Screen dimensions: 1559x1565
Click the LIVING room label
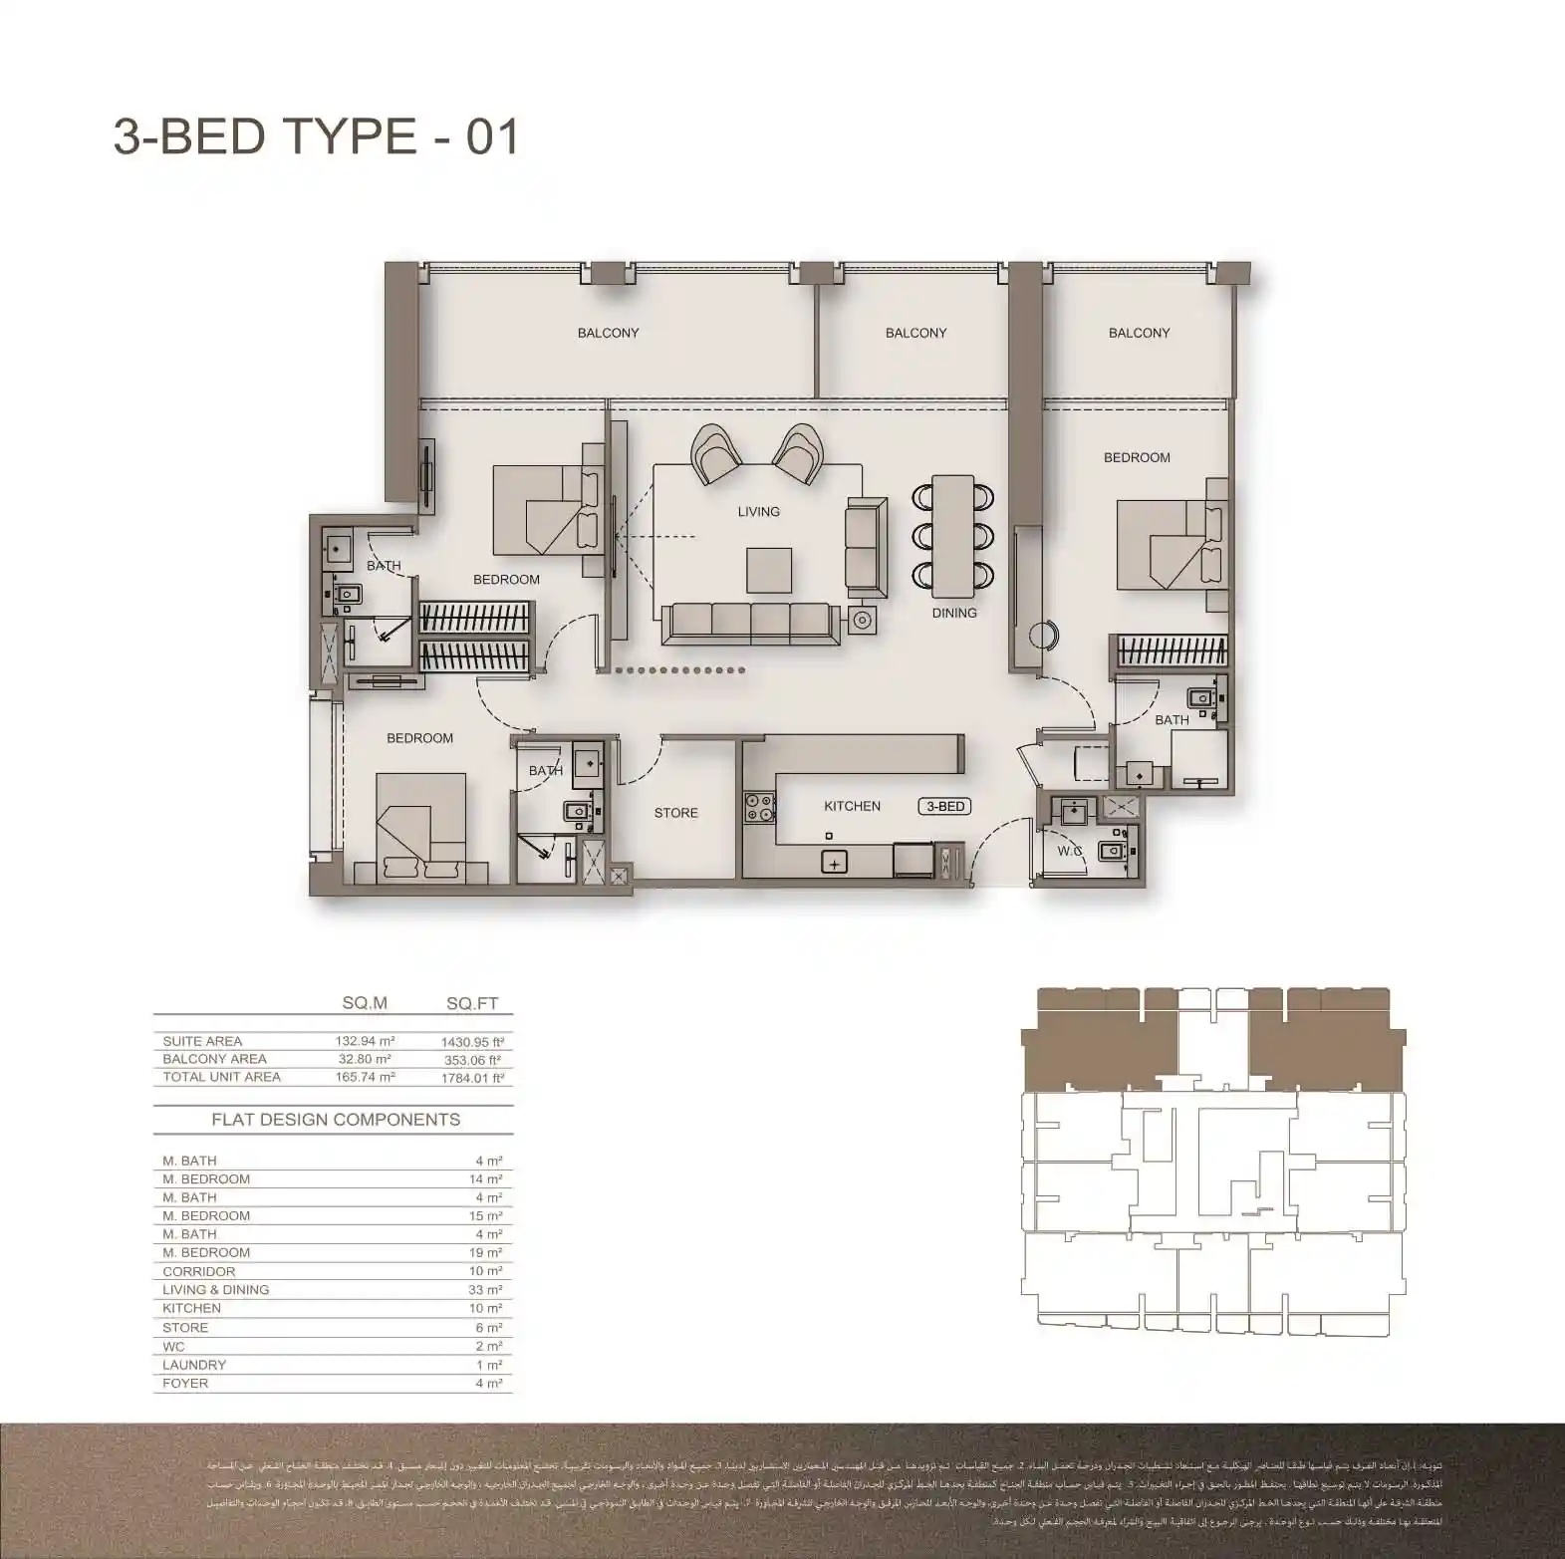[758, 511]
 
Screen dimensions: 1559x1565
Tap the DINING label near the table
[954, 613]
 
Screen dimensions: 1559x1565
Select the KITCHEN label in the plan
[852, 806]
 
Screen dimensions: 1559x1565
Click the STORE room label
[675, 813]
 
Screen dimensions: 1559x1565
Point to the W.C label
[1070, 851]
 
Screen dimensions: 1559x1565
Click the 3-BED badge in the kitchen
[944, 806]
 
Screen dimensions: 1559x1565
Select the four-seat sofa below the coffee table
[750, 622]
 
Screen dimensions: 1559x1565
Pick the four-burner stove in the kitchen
[759, 806]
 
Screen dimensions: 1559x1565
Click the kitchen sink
[834, 863]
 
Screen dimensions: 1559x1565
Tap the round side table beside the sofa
[863, 622]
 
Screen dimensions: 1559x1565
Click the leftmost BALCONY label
[608, 333]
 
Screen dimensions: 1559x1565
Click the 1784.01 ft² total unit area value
[472, 1078]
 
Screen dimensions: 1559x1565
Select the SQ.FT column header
[472, 1003]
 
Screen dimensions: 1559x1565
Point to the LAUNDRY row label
[194, 1365]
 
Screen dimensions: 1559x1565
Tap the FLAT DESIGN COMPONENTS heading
[336, 1120]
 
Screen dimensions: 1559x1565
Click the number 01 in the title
[493, 136]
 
